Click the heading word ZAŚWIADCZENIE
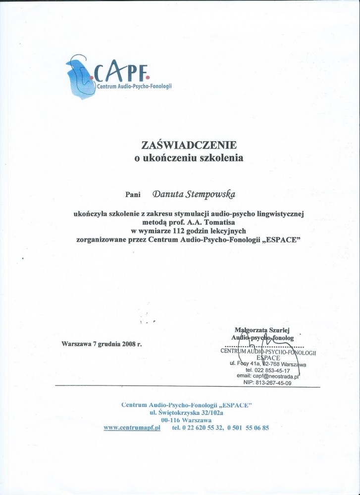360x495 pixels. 189,145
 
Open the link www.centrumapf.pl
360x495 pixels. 132,427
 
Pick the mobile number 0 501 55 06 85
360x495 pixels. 248,427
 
